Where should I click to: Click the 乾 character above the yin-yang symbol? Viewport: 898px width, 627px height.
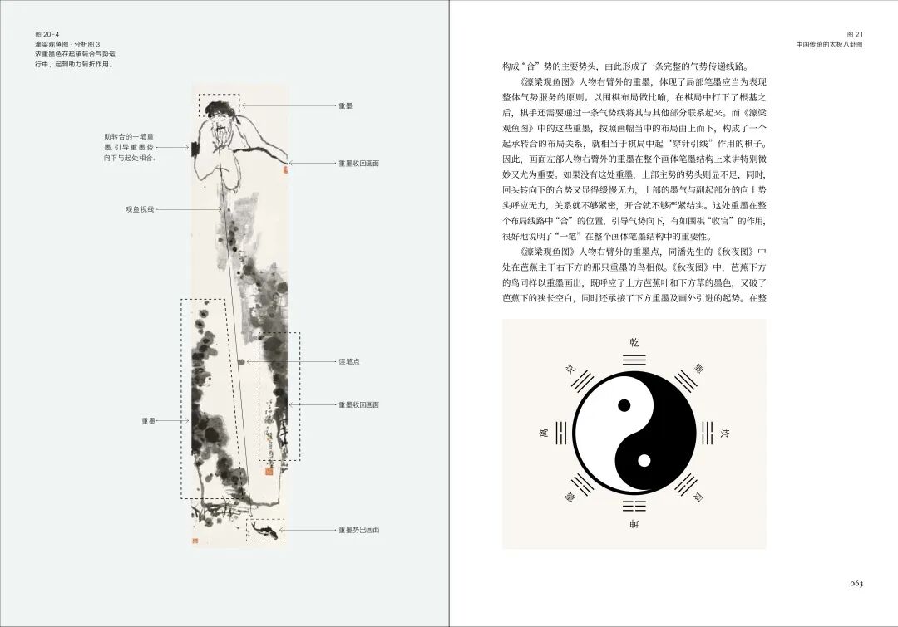click(634, 342)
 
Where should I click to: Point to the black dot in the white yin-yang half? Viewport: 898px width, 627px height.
click(624, 406)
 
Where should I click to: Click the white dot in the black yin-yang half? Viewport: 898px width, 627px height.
click(644, 460)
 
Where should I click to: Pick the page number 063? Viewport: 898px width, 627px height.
click(856, 583)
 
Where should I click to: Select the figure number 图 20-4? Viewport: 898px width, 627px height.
click(48, 34)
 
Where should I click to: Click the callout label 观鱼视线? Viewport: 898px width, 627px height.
click(141, 208)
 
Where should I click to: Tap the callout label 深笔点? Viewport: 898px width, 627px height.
click(348, 362)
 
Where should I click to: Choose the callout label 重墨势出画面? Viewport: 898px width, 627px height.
click(358, 530)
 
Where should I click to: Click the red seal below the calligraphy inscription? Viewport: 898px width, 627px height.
click(269, 471)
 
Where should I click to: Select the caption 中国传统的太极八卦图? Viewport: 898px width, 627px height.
click(829, 45)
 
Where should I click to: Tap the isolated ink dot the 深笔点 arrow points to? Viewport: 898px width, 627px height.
click(241, 362)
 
